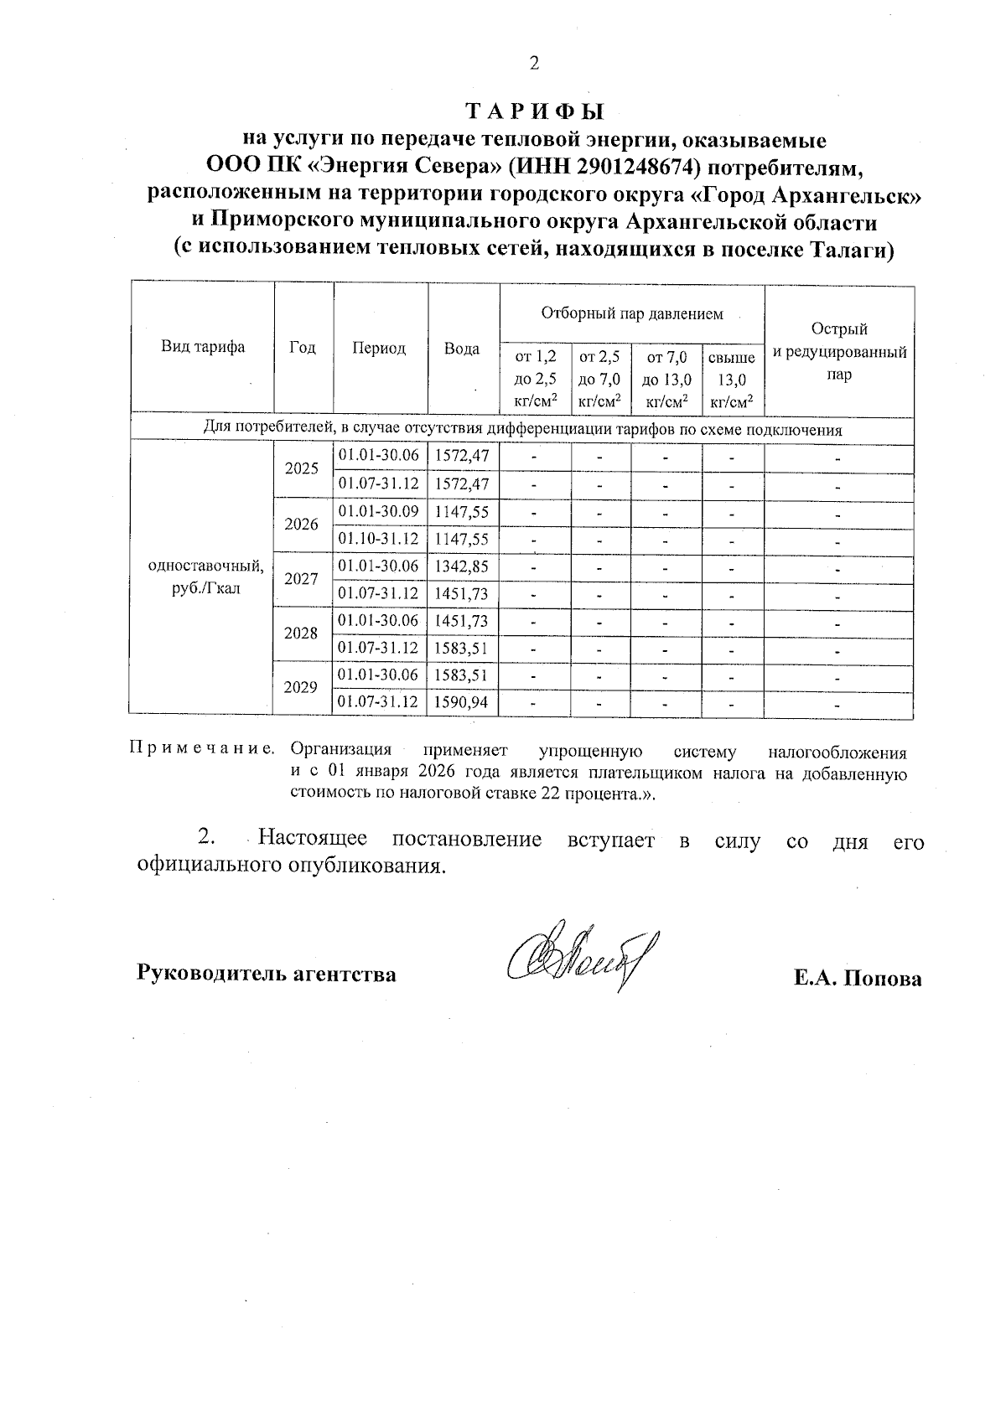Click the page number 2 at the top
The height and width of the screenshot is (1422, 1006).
(534, 65)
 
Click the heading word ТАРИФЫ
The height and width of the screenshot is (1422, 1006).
(534, 112)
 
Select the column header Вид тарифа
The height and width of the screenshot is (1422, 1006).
(203, 348)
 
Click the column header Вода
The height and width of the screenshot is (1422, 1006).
(462, 349)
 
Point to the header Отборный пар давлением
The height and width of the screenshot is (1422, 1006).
(631, 314)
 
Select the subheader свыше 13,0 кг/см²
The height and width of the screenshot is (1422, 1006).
(732, 380)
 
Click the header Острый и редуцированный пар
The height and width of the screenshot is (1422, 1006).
(839, 352)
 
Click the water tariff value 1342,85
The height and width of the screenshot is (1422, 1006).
(462, 566)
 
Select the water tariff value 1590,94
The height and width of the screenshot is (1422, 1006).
(462, 702)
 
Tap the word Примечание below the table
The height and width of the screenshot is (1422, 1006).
(202, 748)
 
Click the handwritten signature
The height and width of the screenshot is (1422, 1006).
(583, 957)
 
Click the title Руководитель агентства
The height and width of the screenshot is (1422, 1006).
(267, 975)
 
